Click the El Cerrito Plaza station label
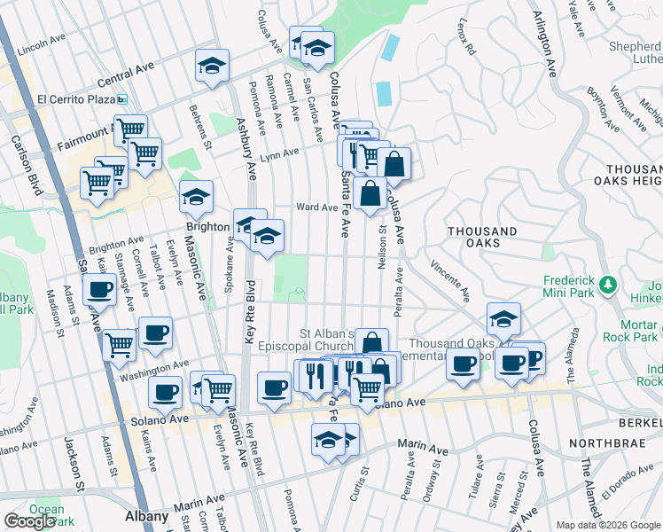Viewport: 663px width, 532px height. (x=77, y=98)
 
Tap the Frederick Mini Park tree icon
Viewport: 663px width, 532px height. (x=608, y=284)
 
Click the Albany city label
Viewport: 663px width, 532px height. (x=145, y=516)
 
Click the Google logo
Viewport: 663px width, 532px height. (x=29, y=521)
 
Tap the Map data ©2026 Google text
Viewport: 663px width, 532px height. (x=608, y=525)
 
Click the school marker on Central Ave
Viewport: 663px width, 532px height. (x=212, y=66)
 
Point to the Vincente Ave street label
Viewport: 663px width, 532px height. (x=448, y=278)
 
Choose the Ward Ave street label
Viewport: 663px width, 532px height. (x=316, y=207)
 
